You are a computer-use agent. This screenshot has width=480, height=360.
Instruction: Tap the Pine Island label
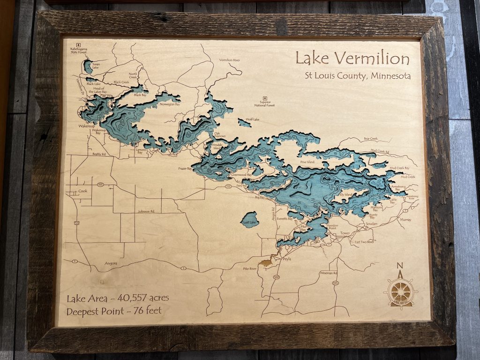click(307, 162)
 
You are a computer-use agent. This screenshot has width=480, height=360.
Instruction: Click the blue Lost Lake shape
click(249, 219)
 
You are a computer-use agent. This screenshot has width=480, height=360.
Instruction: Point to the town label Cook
click(83, 191)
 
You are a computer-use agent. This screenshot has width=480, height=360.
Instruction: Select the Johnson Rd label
click(146, 211)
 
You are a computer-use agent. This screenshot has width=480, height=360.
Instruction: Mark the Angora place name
click(110, 263)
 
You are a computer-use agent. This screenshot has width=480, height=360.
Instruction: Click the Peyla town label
click(286, 258)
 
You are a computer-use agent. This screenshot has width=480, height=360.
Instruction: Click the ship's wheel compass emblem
click(400, 292)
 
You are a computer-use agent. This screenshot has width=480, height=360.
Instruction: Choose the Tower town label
click(345, 233)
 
